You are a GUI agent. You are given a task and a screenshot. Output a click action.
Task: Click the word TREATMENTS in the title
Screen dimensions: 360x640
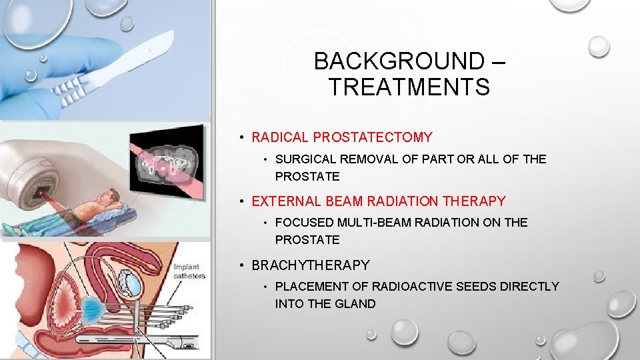coord(409,87)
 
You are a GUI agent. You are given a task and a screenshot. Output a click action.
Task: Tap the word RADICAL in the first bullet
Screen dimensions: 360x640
coord(280,138)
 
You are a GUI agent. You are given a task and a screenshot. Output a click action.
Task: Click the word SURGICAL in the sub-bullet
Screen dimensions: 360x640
coord(307,159)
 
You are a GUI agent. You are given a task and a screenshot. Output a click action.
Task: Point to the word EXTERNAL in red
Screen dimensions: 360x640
coord(284,201)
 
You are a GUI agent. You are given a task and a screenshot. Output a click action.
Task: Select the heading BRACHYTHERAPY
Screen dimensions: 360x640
coord(310,265)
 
